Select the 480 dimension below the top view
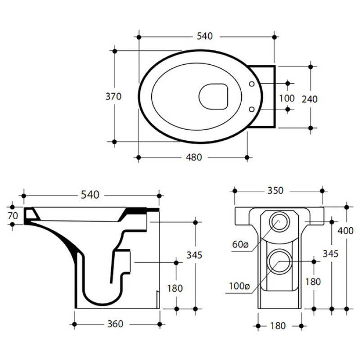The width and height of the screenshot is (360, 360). pyautogui.click(x=194, y=157)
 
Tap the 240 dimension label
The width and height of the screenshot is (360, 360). pyautogui.click(x=309, y=99)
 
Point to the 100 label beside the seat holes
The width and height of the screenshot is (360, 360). pyautogui.click(x=287, y=98)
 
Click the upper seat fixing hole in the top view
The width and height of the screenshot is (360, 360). pyautogui.click(x=252, y=84)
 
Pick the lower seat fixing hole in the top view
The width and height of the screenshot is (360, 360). pyautogui.click(x=252, y=108)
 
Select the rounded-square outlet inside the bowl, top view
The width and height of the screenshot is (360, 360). pyautogui.click(x=213, y=96)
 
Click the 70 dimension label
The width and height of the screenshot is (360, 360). pyautogui.click(x=13, y=215)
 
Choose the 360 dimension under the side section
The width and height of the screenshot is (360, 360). pyautogui.click(x=115, y=324)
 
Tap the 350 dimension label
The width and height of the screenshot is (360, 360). pyautogui.click(x=275, y=190)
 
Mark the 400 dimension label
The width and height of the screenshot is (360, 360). pyautogui.click(x=346, y=231)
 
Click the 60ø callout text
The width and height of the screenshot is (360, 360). pyautogui.click(x=240, y=244)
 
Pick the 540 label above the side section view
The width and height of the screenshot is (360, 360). pyautogui.click(x=90, y=195)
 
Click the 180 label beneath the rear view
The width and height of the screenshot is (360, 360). pyautogui.click(x=278, y=325)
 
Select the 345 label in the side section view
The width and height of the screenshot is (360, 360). pyautogui.click(x=194, y=255)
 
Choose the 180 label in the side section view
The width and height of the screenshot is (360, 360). pyautogui.click(x=175, y=288)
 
